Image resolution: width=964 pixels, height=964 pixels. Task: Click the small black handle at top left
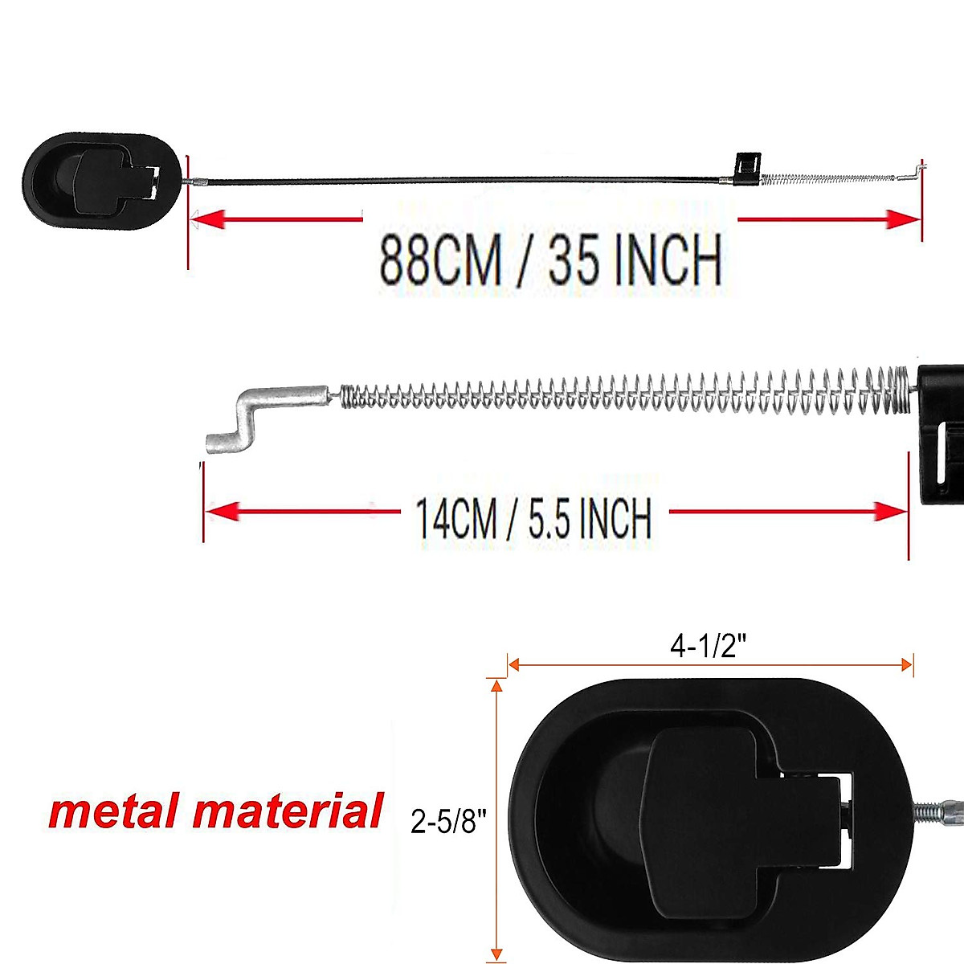coord(100,181)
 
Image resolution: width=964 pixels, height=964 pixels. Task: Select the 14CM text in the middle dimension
coord(455,518)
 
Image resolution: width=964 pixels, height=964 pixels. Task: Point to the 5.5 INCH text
coord(590,518)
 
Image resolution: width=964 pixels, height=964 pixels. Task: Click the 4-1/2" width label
coord(704,646)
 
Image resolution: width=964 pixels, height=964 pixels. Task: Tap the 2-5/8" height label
coord(448,822)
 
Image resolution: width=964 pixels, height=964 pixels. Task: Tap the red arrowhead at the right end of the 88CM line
coord(903,219)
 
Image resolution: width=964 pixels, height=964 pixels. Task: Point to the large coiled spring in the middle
coord(627,391)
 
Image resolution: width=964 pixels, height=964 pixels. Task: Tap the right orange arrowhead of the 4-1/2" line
coord(907,664)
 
